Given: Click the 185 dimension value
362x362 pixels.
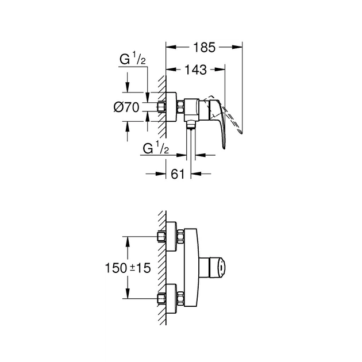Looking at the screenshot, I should click(205, 48).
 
